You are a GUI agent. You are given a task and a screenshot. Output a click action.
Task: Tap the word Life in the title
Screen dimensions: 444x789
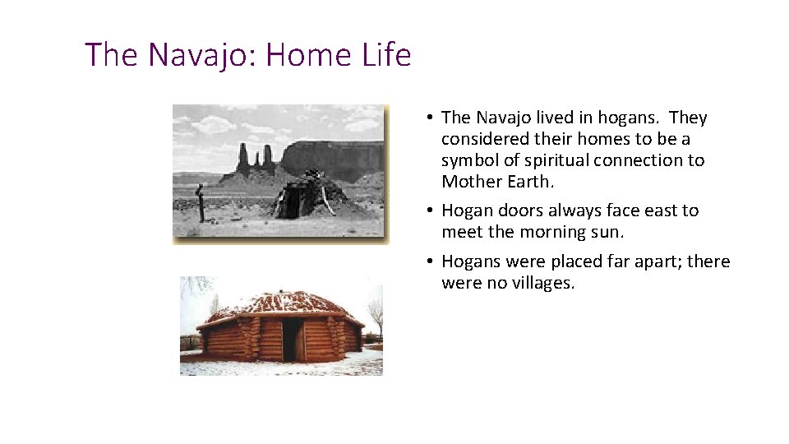click(x=385, y=55)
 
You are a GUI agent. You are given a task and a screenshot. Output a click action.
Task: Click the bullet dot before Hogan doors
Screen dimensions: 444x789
click(x=430, y=211)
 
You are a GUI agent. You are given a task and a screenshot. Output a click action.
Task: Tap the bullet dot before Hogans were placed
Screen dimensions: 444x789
click(x=430, y=262)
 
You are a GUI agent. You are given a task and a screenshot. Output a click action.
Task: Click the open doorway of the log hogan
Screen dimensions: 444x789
click(x=293, y=340)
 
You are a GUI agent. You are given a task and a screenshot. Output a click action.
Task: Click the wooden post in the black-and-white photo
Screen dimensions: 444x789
click(x=200, y=204)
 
